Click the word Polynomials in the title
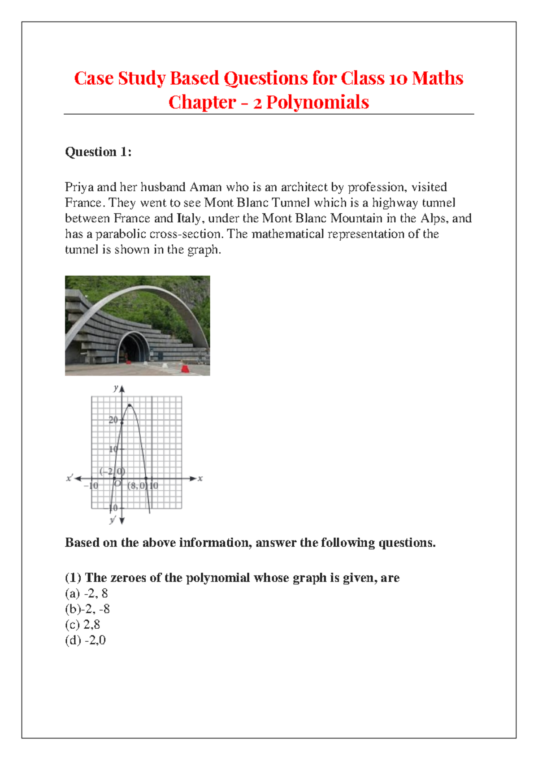pos(317,103)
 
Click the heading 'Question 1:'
pos(98,152)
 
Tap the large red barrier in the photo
pos(185,368)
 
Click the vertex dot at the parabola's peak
pos(130,406)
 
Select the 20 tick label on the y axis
pos(113,420)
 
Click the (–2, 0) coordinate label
pos(112,471)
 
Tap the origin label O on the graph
pos(117,484)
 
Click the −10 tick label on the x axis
pos(91,486)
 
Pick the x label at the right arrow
pos(200,479)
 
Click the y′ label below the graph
pos(113,520)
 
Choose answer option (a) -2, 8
pos(87,593)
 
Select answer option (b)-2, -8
pos(87,609)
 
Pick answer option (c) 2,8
pos(82,625)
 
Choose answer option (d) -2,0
pos(85,640)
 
